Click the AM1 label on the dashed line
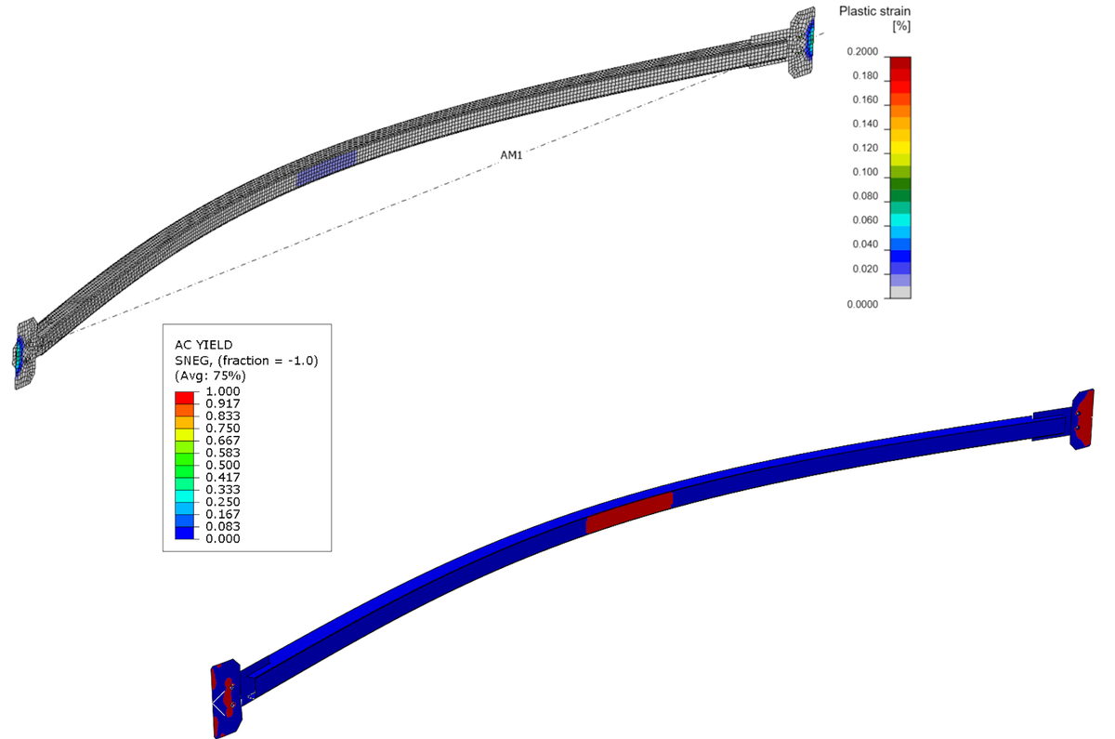pos(511,155)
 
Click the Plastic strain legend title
pos(873,11)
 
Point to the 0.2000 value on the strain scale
pos(863,52)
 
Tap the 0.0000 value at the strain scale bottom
pos(863,304)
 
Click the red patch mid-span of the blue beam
pos(629,512)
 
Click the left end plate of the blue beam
pos(227,695)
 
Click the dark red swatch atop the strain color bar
pos(899,63)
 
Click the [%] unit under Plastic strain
pos(900,27)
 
